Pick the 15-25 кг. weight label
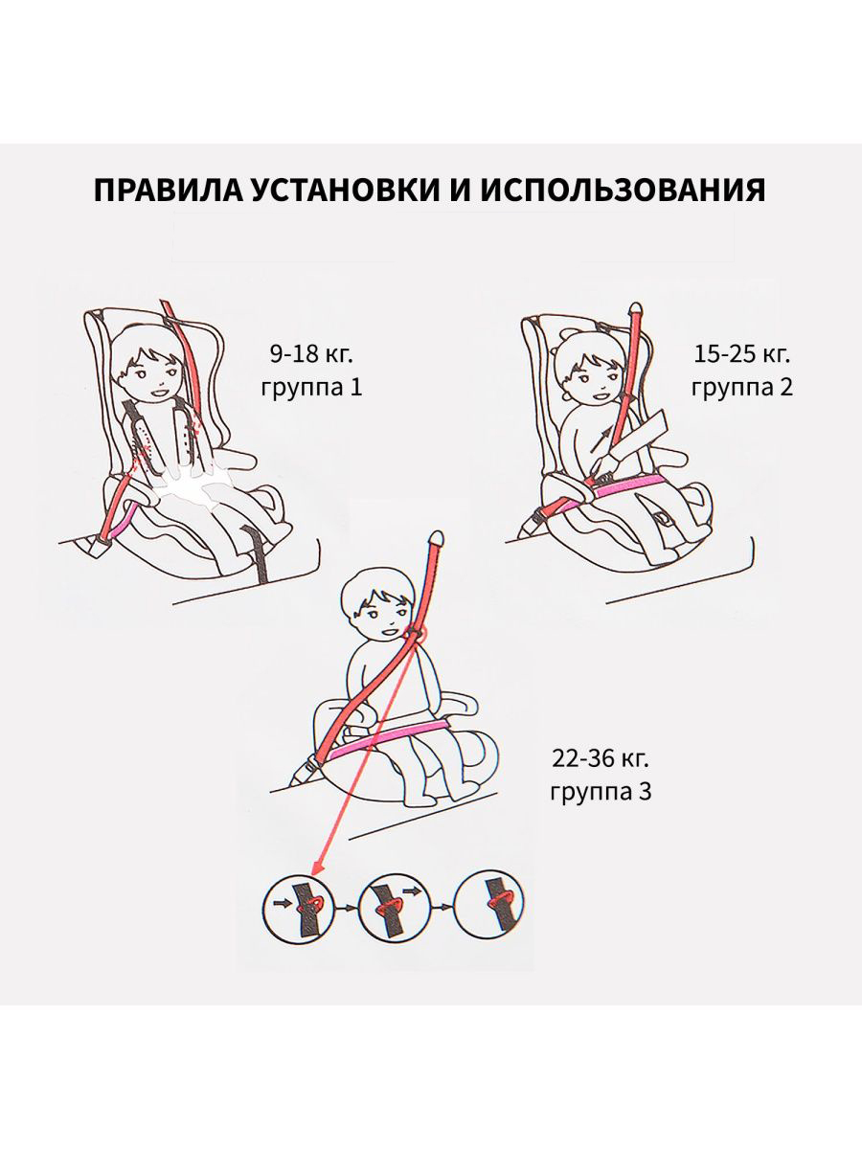tap(743, 354)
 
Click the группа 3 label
tap(601, 794)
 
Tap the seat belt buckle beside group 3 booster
tap(309, 766)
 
